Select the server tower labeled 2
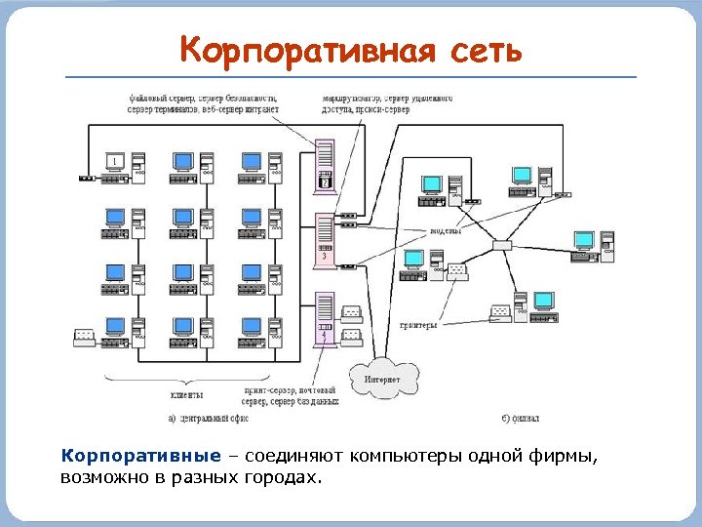click(325, 167)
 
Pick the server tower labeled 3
click(325, 240)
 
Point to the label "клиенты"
click(186, 395)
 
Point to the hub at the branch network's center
click(502, 246)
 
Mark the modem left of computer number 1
click(85, 178)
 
